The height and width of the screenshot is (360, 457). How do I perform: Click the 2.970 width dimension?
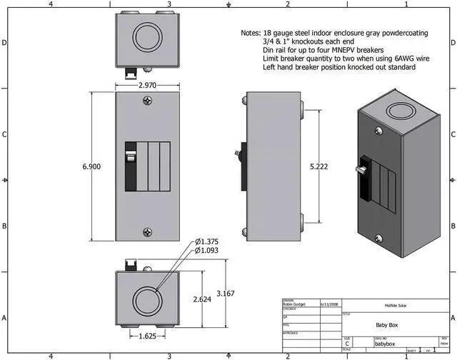pyautogui.click(x=148, y=85)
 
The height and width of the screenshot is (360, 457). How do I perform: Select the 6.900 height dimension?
pyautogui.click(x=91, y=166)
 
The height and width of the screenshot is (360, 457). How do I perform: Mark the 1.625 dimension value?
pyautogui.click(x=146, y=336)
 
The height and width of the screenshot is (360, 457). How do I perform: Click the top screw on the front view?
pyautogui.click(x=148, y=101)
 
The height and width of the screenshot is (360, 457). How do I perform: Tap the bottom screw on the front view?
pyautogui.click(x=148, y=231)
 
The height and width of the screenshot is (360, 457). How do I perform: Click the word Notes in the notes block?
pyautogui.click(x=251, y=34)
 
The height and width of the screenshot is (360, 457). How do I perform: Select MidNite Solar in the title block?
pyautogui.click(x=398, y=304)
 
